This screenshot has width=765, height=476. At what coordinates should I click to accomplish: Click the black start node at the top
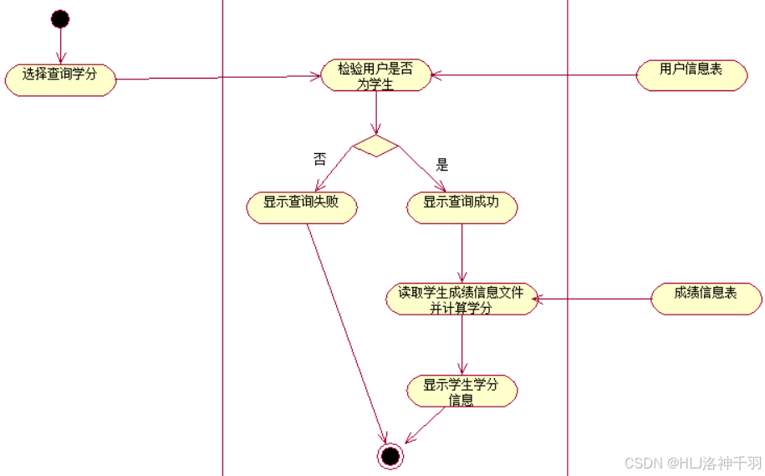tap(59, 18)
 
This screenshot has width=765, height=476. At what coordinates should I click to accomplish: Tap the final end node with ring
tap(390, 455)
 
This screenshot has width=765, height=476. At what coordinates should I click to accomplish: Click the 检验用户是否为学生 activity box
tap(375, 75)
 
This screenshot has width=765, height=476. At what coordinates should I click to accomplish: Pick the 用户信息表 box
tap(691, 74)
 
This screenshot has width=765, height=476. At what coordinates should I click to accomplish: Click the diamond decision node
tap(375, 146)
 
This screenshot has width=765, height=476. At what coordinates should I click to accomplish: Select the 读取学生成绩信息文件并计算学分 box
tap(462, 299)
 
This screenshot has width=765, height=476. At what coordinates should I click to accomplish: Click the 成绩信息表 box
tap(706, 298)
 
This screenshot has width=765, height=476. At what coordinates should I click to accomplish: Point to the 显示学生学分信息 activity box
tap(462, 391)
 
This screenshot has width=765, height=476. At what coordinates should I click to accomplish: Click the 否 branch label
tap(319, 159)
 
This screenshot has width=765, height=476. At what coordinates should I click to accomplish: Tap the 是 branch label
tap(442, 165)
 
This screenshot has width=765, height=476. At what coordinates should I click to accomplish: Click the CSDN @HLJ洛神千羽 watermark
tap(693, 463)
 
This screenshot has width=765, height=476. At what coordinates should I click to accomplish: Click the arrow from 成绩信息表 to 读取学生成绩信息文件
tap(594, 299)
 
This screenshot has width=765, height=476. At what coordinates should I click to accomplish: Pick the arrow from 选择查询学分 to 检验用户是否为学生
tap(217, 78)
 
